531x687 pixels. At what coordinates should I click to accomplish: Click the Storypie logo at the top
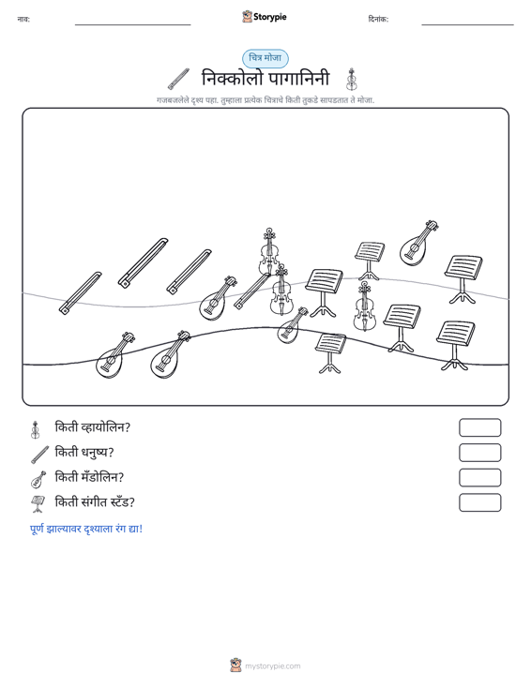click(265, 17)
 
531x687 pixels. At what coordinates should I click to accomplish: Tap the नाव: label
click(23, 20)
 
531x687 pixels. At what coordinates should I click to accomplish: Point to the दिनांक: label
click(378, 20)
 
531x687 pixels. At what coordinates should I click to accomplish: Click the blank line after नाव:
click(133, 24)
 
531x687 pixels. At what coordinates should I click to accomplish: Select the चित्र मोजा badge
click(265, 58)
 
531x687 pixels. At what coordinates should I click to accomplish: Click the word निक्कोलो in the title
click(233, 79)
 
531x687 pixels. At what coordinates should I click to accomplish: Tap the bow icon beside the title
click(178, 79)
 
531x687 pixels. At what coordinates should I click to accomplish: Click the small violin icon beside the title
click(351, 80)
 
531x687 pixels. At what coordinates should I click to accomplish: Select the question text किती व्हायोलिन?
click(93, 427)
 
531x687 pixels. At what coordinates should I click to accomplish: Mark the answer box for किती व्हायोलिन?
click(479, 427)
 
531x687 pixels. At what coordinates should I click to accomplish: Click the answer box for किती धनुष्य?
click(479, 453)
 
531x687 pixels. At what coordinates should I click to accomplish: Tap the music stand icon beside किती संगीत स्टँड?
click(38, 504)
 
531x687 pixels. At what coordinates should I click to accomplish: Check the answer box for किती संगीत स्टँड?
click(479, 502)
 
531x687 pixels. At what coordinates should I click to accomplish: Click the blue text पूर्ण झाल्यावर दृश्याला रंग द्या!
click(86, 529)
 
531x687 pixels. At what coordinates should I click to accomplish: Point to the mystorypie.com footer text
click(273, 666)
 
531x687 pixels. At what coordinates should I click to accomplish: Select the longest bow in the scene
click(144, 262)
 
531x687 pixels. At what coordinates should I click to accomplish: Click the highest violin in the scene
click(269, 251)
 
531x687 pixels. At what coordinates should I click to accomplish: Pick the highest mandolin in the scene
click(418, 244)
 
